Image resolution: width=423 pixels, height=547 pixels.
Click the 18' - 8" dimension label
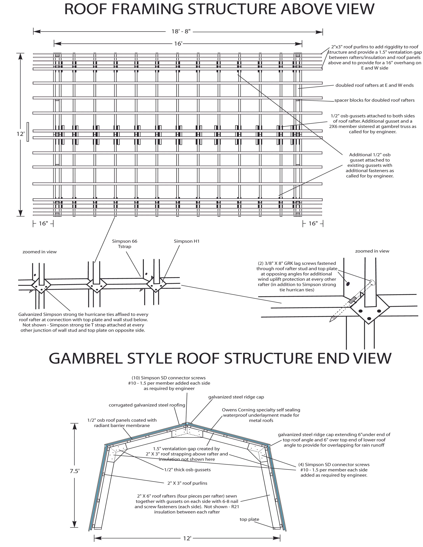181,32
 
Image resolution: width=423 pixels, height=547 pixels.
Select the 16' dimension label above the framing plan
178,44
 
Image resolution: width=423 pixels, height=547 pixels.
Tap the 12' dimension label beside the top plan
20,134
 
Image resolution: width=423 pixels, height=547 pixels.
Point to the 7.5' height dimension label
74,471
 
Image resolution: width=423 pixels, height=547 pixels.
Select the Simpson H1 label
187,241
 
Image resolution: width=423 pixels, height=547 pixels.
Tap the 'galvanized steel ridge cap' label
236,397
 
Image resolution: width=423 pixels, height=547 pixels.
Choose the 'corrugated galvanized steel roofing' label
147,405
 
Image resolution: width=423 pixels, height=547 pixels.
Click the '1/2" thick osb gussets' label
187,470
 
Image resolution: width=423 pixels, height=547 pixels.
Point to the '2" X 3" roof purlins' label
187,483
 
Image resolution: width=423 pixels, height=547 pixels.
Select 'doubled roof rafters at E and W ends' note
374,85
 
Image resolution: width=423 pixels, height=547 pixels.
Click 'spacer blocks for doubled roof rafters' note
374,100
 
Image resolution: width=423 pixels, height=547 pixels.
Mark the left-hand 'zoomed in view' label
40,252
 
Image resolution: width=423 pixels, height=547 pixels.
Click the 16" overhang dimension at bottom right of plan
313,223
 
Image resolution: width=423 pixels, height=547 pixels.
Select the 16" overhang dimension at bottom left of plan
43,223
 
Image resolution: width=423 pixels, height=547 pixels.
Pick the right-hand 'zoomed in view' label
372,251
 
